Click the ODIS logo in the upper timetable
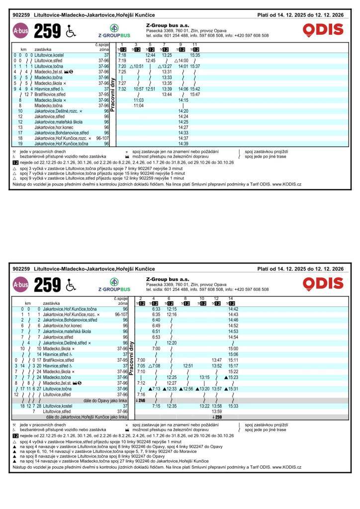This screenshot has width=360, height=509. click(323, 30)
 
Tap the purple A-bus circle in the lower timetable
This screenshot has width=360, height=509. click(21, 284)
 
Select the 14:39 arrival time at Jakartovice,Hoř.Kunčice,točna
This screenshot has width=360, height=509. click(183, 144)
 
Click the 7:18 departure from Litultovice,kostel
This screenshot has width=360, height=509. click(122, 55)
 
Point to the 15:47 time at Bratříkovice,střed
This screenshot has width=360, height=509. click(195, 94)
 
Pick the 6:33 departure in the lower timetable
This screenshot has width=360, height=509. click(156, 309)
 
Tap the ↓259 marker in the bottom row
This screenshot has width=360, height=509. click(217, 417)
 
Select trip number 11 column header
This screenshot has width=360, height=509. click(195, 45)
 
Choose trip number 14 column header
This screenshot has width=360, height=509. click(230, 299)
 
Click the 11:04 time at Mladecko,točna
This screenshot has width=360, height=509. click(139, 105)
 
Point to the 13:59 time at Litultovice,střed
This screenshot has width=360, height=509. click(217, 412)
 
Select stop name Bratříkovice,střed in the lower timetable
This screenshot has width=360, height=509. click(61, 360)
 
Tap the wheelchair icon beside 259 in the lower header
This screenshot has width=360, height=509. click(70, 284)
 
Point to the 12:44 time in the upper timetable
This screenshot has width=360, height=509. click(150, 55)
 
